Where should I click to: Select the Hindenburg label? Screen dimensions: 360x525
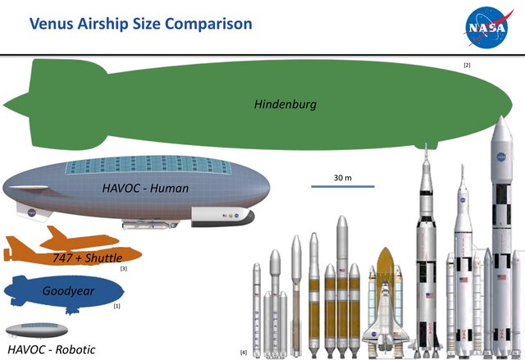coord(285,105)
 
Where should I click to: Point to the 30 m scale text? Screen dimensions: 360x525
coord(343,178)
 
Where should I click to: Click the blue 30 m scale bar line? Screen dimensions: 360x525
coord(343,187)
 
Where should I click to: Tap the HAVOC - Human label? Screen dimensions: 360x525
coord(145,189)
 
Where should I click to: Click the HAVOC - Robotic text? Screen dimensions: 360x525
coord(51,349)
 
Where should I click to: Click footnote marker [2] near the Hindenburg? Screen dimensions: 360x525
coord(467,65)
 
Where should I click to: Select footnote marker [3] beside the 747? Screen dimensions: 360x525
coord(123,269)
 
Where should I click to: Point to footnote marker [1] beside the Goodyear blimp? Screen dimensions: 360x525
coord(116,306)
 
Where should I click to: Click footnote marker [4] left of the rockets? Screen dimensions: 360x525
coord(244,352)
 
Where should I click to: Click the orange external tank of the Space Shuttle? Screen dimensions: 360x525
coord(387,275)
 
